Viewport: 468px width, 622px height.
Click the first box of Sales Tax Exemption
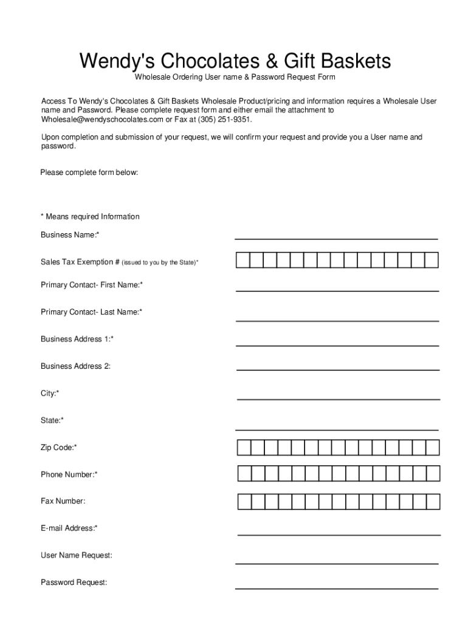pos(243,261)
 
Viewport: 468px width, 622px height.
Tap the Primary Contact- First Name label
pos(92,285)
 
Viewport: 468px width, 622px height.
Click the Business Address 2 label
pos(75,366)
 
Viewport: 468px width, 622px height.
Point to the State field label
pos(52,420)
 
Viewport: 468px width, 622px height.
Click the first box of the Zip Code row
pos(243,448)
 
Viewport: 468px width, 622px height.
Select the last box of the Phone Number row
pos(432,474)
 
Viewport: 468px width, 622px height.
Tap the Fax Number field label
pos(63,501)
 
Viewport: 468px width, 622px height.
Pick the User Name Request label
pos(76,555)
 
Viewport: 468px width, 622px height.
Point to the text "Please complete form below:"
pos(89,173)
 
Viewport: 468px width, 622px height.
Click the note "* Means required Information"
pos(90,217)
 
